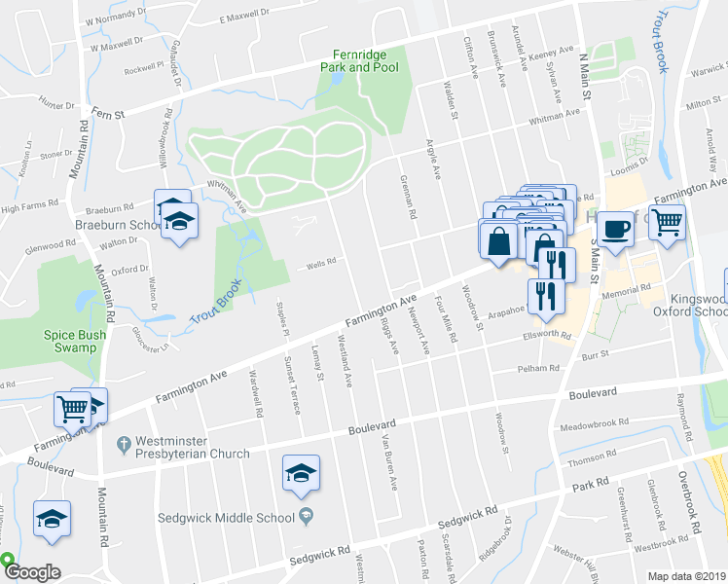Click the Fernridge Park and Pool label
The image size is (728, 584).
pyautogui.click(x=360, y=60)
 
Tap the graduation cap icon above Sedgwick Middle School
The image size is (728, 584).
pyautogui.click(x=301, y=474)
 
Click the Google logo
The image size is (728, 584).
pyautogui.click(x=32, y=572)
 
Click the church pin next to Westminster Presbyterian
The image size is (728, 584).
pyautogui.click(x=123, y=444)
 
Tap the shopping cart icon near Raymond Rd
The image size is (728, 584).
pyautogui.click(x=667, y=222)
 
